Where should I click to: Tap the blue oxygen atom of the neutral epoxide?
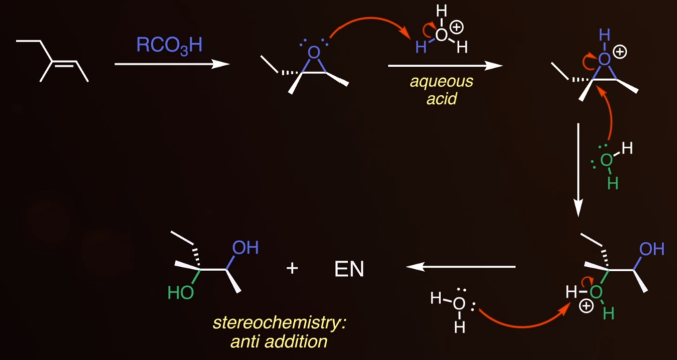click(314, 53)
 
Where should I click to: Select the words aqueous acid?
click(441, 91)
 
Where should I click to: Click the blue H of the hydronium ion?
click(421, 47)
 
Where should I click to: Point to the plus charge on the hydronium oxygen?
click(457, 28)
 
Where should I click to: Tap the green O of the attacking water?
click(607, 160)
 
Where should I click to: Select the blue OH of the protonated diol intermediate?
click(651, 249)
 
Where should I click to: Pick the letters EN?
click(349, 270)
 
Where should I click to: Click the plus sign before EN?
click(292, 269)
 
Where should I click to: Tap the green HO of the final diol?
click(181, 293)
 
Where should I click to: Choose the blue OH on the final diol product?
click(245, 248)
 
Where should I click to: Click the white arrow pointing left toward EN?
click(461, 267)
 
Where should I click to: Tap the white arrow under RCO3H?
click(172, 65)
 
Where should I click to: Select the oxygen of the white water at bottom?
click(460, 304)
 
